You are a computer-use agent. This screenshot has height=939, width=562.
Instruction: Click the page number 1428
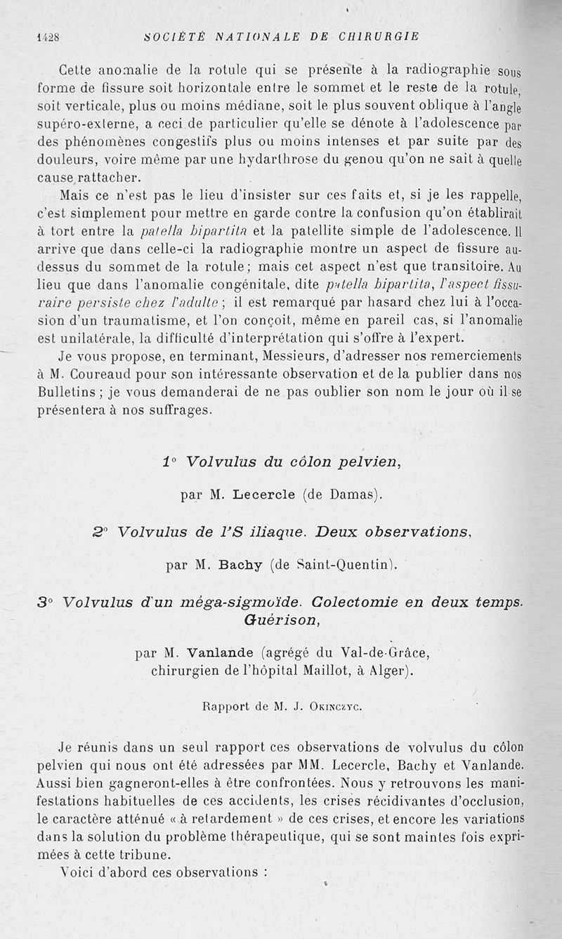click(x=47, y=38)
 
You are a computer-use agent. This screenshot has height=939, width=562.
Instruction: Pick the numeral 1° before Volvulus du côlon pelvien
click(x=169, y=462)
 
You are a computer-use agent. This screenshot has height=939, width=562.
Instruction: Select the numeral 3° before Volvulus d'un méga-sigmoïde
click(x=47, y=602)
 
